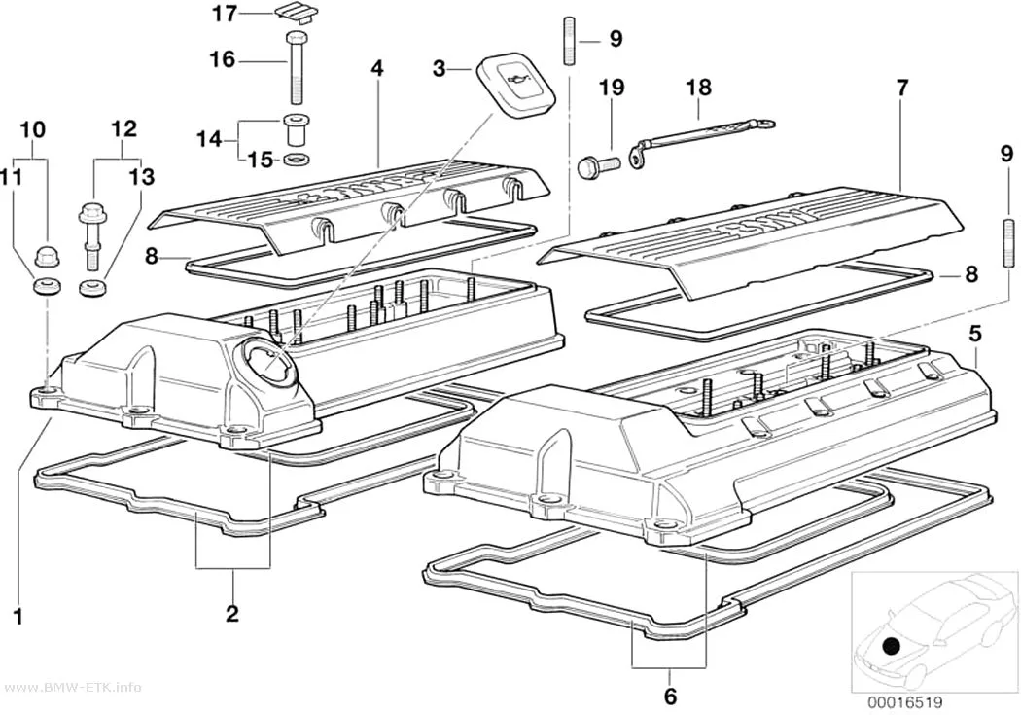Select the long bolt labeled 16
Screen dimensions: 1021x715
click(296, 66)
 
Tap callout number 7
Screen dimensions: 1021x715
click(901, 88)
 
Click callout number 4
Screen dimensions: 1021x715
click(377, 68)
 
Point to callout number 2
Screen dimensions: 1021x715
click(232, 613)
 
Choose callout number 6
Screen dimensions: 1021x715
click(671, 697)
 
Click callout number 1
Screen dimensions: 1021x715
click(18, 616)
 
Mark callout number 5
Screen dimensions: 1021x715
click(974, 335)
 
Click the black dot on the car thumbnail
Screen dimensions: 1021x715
click(890, 647)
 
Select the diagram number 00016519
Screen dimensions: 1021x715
click(904, 703)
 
